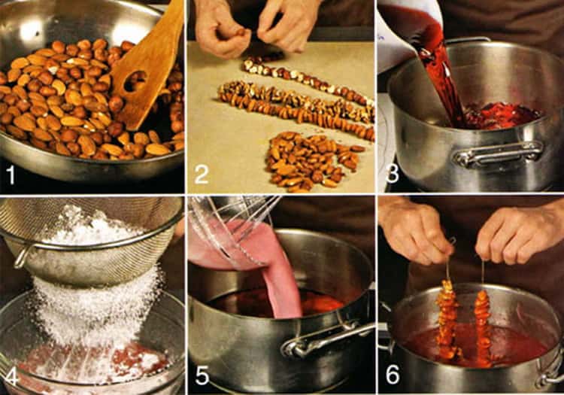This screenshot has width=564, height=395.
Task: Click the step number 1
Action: (x=11, y=175)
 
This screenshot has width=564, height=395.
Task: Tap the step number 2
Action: (x=202, y=175)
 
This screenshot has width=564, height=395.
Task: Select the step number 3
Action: (x=392, y=174)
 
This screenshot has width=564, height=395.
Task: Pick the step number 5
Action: (x=202, y=375)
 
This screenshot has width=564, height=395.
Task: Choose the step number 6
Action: (x=393, y=375)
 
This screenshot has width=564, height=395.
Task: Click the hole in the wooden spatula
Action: (x=135, y=82)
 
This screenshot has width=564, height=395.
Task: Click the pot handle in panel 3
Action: (x=498, y=153)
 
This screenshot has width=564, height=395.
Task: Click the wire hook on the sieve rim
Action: (x=23, y=256)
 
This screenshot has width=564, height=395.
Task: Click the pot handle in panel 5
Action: (x=327, y=341)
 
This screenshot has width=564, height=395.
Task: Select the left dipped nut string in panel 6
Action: (x=447, y=321)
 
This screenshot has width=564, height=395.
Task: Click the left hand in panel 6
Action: (x=414, y=230)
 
